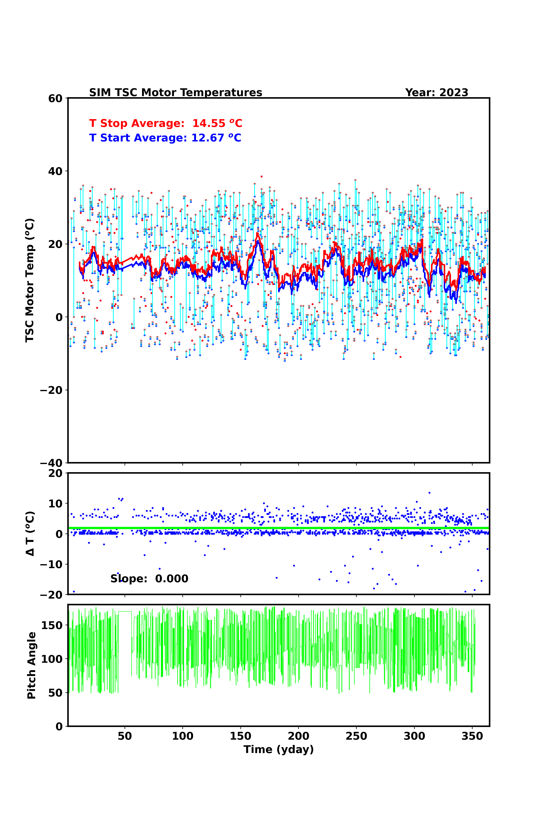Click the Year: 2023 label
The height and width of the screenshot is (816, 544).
(x=436, y=93)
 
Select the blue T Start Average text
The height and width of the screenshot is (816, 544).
(x=165, y=138)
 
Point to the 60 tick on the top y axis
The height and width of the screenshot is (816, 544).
(x=55, y=98)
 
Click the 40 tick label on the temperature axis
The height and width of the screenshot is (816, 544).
(x=55, y=171)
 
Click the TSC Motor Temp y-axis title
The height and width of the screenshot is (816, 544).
(x=30, y=280)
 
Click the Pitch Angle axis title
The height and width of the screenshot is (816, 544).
(x=32, y=665)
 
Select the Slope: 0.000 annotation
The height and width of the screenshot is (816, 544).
(x=149, y=579)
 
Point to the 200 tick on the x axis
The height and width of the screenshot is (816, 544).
(x=298, y=736)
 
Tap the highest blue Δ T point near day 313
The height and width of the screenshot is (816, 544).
(x=429, y=493)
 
